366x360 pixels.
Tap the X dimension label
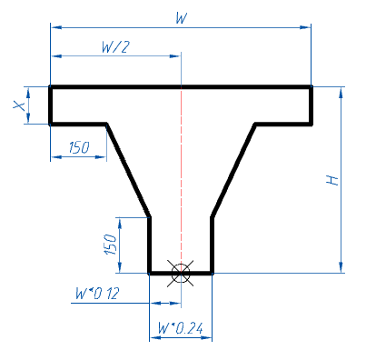tap(19, 105)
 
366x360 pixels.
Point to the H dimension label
tap(333, 180)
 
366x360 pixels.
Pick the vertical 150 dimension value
tap(110, 244)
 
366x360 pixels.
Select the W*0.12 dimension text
tap(97, 293)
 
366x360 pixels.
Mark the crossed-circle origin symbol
tap(181, 272)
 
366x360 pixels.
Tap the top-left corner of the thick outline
tap(50, 87)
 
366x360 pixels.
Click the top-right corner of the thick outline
tap(312, 87)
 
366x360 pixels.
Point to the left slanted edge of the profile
tap(128, 170)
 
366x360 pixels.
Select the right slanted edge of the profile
tap(232, 170)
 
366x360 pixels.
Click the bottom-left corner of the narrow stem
tap(150, 272)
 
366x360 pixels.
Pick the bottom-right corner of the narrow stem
tap(212, 272)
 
